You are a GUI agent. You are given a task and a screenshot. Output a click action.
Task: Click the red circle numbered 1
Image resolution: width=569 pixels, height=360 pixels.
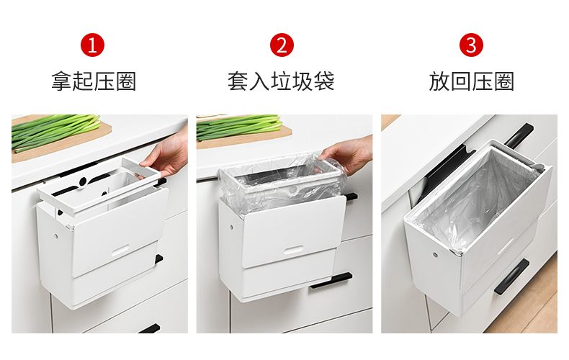92,45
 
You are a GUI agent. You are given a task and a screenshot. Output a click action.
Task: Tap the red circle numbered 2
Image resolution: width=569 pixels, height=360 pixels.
282,45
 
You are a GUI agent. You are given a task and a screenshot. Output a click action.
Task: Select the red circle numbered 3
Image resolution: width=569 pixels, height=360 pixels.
471,45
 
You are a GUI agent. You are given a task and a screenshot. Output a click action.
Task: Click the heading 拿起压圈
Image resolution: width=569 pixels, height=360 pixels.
94,81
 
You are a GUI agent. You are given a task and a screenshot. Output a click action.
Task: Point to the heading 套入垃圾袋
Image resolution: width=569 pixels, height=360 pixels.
281,81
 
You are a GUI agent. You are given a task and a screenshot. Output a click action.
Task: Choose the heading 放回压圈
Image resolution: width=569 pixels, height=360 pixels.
471,81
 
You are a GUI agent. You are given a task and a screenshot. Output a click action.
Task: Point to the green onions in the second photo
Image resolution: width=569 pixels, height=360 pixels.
240,127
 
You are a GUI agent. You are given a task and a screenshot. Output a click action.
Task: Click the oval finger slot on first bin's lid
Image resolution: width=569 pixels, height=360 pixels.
120,250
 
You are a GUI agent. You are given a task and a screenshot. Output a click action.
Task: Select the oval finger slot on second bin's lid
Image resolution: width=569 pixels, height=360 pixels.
293,250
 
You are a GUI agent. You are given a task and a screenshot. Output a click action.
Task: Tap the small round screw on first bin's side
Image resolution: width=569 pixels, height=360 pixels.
56,236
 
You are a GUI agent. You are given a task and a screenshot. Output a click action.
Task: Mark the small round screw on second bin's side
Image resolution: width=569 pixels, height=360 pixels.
231,228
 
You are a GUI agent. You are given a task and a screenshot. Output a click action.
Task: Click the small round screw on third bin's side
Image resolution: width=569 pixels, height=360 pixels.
435,255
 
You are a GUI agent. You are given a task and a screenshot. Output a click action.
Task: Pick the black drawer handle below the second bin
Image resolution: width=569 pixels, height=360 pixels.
331,281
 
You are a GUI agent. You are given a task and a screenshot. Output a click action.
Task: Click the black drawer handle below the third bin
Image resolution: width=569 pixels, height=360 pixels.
511,277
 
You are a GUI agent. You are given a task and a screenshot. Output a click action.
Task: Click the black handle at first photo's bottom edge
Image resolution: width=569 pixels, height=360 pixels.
150,329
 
